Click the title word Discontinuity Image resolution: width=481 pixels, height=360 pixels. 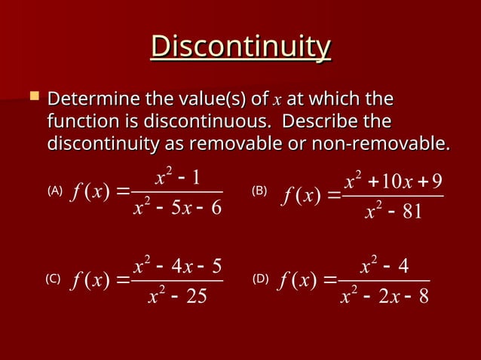[x=240, y=47]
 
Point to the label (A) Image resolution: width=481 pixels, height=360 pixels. [x=55, y=191]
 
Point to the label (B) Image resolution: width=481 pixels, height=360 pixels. [x=259, y=191]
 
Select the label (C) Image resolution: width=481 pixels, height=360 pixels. [x=52, y=279]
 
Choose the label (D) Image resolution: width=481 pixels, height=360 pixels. [x=260, y=279]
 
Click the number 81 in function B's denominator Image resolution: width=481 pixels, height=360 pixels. [x=412, y=213]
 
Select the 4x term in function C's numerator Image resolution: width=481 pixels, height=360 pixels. [x=183, y=266]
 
